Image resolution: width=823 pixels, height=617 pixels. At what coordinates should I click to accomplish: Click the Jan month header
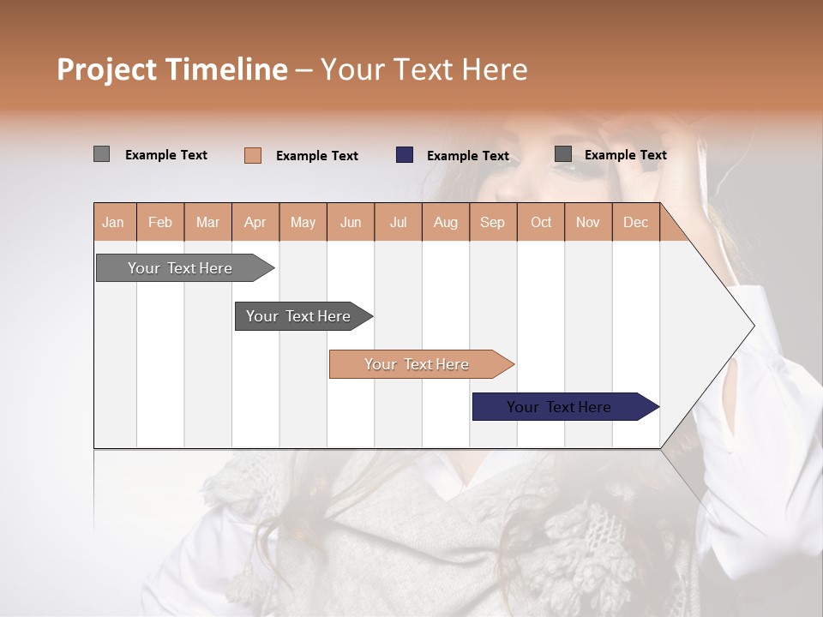[x=113, y=223]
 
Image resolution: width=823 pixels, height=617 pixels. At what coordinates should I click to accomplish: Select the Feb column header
[x=160, y=223]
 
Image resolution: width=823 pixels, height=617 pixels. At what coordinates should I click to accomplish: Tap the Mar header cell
[x=207, y=223]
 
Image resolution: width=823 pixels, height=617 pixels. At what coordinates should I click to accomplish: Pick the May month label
[x=303, y=223]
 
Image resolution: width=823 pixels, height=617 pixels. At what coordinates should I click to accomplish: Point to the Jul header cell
[x=398, y=223]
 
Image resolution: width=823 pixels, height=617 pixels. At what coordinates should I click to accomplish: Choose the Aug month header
[x=445, y=223]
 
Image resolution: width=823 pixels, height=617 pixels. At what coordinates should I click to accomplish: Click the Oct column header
[x=541, y=223]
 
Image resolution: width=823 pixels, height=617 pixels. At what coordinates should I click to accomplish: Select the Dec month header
[x=635, y=223]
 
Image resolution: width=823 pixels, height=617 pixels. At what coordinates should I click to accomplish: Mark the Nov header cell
[x=588, y=223]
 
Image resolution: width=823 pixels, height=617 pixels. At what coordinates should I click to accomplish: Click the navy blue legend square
[x=405, y=155]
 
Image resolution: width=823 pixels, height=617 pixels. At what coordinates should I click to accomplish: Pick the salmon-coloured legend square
[x=253, y=155]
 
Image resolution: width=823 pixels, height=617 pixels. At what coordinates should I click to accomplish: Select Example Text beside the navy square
[x=468, y=156]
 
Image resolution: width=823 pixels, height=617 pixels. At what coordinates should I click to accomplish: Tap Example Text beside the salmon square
[x=317, y=156]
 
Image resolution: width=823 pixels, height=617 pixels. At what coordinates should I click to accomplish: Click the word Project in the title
[x=108, y=70]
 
